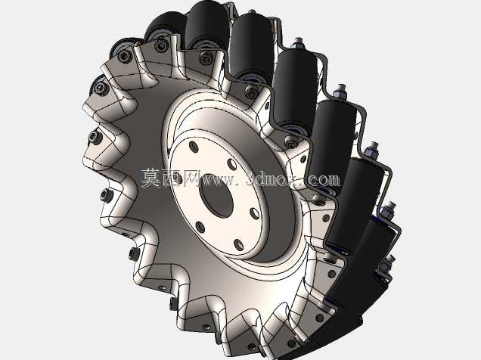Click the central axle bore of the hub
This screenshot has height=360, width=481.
(x=216, y=200)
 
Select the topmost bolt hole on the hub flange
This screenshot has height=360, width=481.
(x=194, y=146)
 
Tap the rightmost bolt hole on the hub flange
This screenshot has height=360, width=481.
(x=254, y=213)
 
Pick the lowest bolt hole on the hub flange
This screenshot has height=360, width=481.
(x=238, y=245)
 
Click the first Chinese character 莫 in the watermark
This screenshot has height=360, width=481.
(x=151, y=178)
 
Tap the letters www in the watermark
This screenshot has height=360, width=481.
(x=219, y=180)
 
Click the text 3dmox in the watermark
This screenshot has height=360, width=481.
(x=273, y=179)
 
